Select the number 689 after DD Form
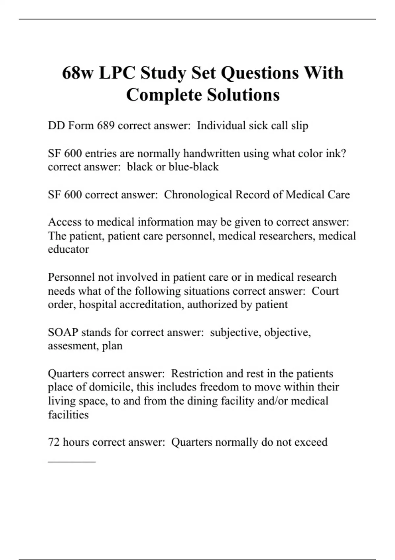pos(106,126)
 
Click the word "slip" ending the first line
pos(300,126)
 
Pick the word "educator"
pos(68,249)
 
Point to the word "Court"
pos(325,291)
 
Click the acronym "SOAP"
pos(63,332)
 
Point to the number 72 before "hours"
pos(54,442)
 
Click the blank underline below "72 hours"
pos(72,462)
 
